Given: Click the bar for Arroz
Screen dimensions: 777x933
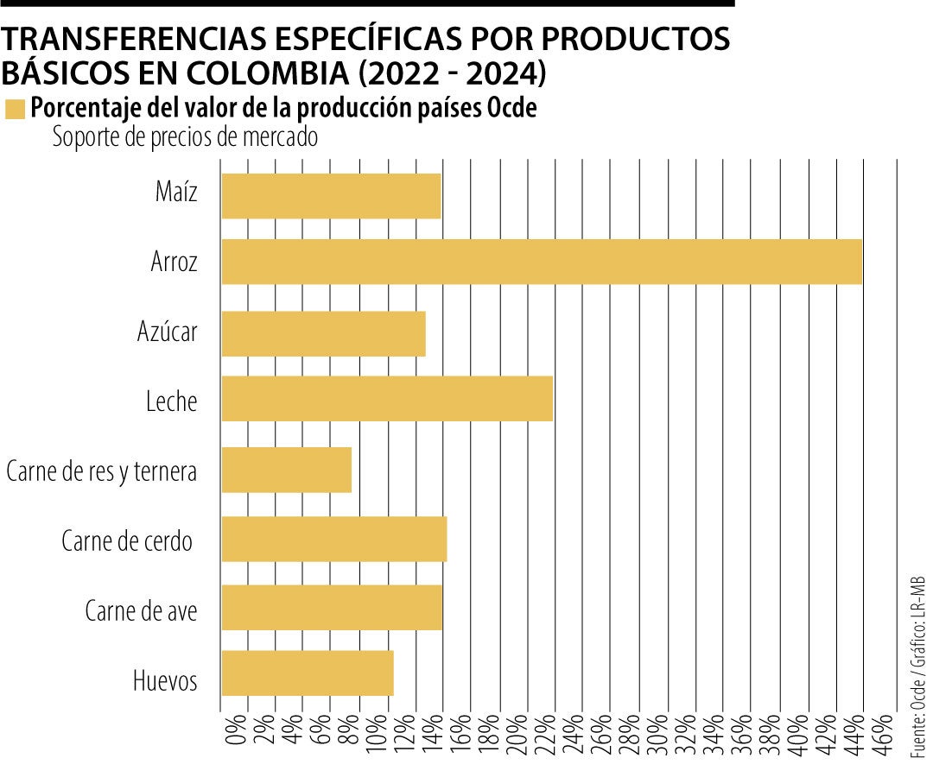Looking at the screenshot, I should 542,261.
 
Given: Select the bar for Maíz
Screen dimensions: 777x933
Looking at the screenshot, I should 331,196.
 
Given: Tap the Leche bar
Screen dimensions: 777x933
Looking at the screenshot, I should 387,399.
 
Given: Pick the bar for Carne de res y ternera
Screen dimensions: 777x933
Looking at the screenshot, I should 286,470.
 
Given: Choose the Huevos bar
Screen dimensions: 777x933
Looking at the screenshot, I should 308,673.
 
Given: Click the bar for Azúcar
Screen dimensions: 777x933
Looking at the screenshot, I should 323,333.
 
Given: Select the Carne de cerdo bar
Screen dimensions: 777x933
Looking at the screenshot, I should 334,539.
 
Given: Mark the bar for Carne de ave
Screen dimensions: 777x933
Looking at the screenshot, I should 332,607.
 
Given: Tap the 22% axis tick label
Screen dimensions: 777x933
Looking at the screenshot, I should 543,735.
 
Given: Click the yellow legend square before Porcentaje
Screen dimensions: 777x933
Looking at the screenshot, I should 15,109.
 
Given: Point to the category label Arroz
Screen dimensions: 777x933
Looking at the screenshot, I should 174,262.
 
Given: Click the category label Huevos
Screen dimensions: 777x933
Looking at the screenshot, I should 164,680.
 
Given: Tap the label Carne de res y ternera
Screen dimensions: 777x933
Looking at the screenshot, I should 101,471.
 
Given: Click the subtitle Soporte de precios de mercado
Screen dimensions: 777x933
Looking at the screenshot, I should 185,136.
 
